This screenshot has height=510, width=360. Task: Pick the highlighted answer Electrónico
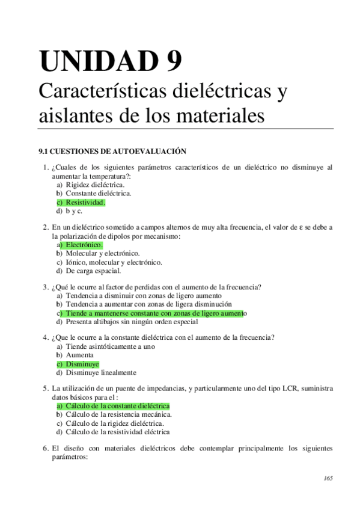(84, 245)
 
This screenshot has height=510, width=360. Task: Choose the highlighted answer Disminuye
(82, 364)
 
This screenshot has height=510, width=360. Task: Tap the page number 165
(328, 479)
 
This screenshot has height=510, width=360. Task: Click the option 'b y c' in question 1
(74, 211)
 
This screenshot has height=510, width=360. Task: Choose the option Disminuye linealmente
(101, 372)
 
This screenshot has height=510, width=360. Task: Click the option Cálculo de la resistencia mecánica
(119, 414)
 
